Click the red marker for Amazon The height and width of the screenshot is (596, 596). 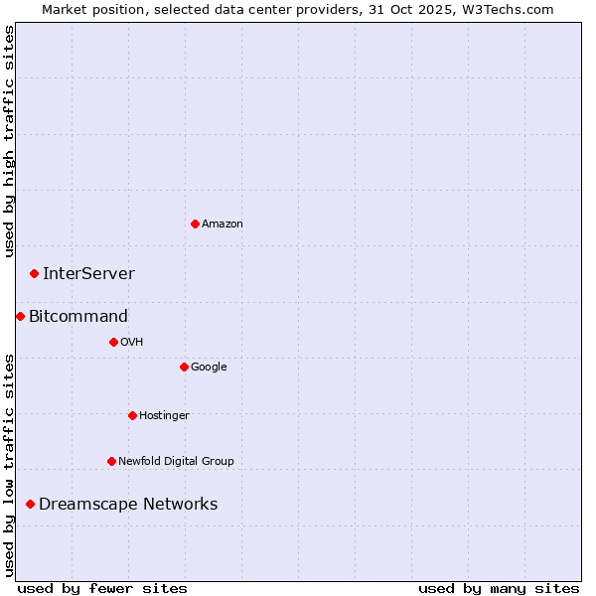pos(195,223)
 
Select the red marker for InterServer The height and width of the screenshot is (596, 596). pos(34,273)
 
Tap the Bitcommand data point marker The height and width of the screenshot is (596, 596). pos(20,316)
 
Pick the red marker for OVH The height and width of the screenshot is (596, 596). pos(113,342)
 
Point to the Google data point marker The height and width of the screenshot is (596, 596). pos(184,367)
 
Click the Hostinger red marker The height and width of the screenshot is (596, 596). pos(132,415)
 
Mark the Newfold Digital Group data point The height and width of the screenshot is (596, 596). pos(111,461)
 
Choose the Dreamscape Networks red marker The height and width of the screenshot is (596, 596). pos(30,504)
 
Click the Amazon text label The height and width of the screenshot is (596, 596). pos(223,223)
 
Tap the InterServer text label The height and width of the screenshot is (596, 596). pos(88,273)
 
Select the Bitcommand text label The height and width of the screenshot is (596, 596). pos(78,316)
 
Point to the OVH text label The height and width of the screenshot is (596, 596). pos(132,342)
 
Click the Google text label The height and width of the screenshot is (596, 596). pos(209,367)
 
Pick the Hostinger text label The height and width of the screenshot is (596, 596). pos(164,415)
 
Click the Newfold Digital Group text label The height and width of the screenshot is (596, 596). pos(176,461)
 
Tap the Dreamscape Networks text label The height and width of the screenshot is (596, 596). pos(128,504)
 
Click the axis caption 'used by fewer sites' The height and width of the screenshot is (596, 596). pos(102,588)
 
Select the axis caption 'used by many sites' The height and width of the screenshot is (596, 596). pos(499,588)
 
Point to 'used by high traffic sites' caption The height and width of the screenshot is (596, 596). pos(9,141)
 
